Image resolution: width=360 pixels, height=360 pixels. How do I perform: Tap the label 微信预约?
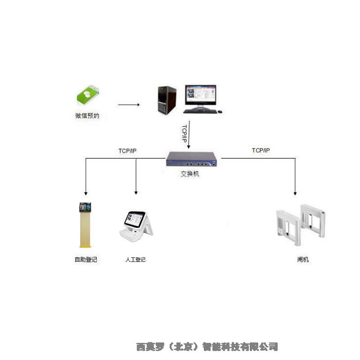(87, 116)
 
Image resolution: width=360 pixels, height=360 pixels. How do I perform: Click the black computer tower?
(166, 100)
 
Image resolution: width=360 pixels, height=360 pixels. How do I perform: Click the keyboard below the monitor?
(202, 111)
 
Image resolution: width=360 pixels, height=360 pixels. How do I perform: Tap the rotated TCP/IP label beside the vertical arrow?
(184, 134)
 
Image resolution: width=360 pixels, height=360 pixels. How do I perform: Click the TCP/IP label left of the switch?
(128, 151)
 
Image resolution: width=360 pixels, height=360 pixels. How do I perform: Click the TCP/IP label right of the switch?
(261, 150)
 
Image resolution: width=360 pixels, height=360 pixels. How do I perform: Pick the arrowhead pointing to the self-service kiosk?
(85, 192)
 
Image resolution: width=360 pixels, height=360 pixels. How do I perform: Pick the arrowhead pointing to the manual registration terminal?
(136, 192)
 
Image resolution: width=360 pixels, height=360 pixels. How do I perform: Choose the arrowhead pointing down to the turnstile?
(295, 192)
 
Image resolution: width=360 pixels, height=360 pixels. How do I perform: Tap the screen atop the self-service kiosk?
(85, 207)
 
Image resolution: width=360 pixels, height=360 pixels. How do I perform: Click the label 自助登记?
(85, 260)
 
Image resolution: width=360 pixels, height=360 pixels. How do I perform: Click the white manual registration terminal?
(136, 225)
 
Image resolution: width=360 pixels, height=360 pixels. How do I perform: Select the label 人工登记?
(135, 260)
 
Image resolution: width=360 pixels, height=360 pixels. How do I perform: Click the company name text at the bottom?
(207, 346)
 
